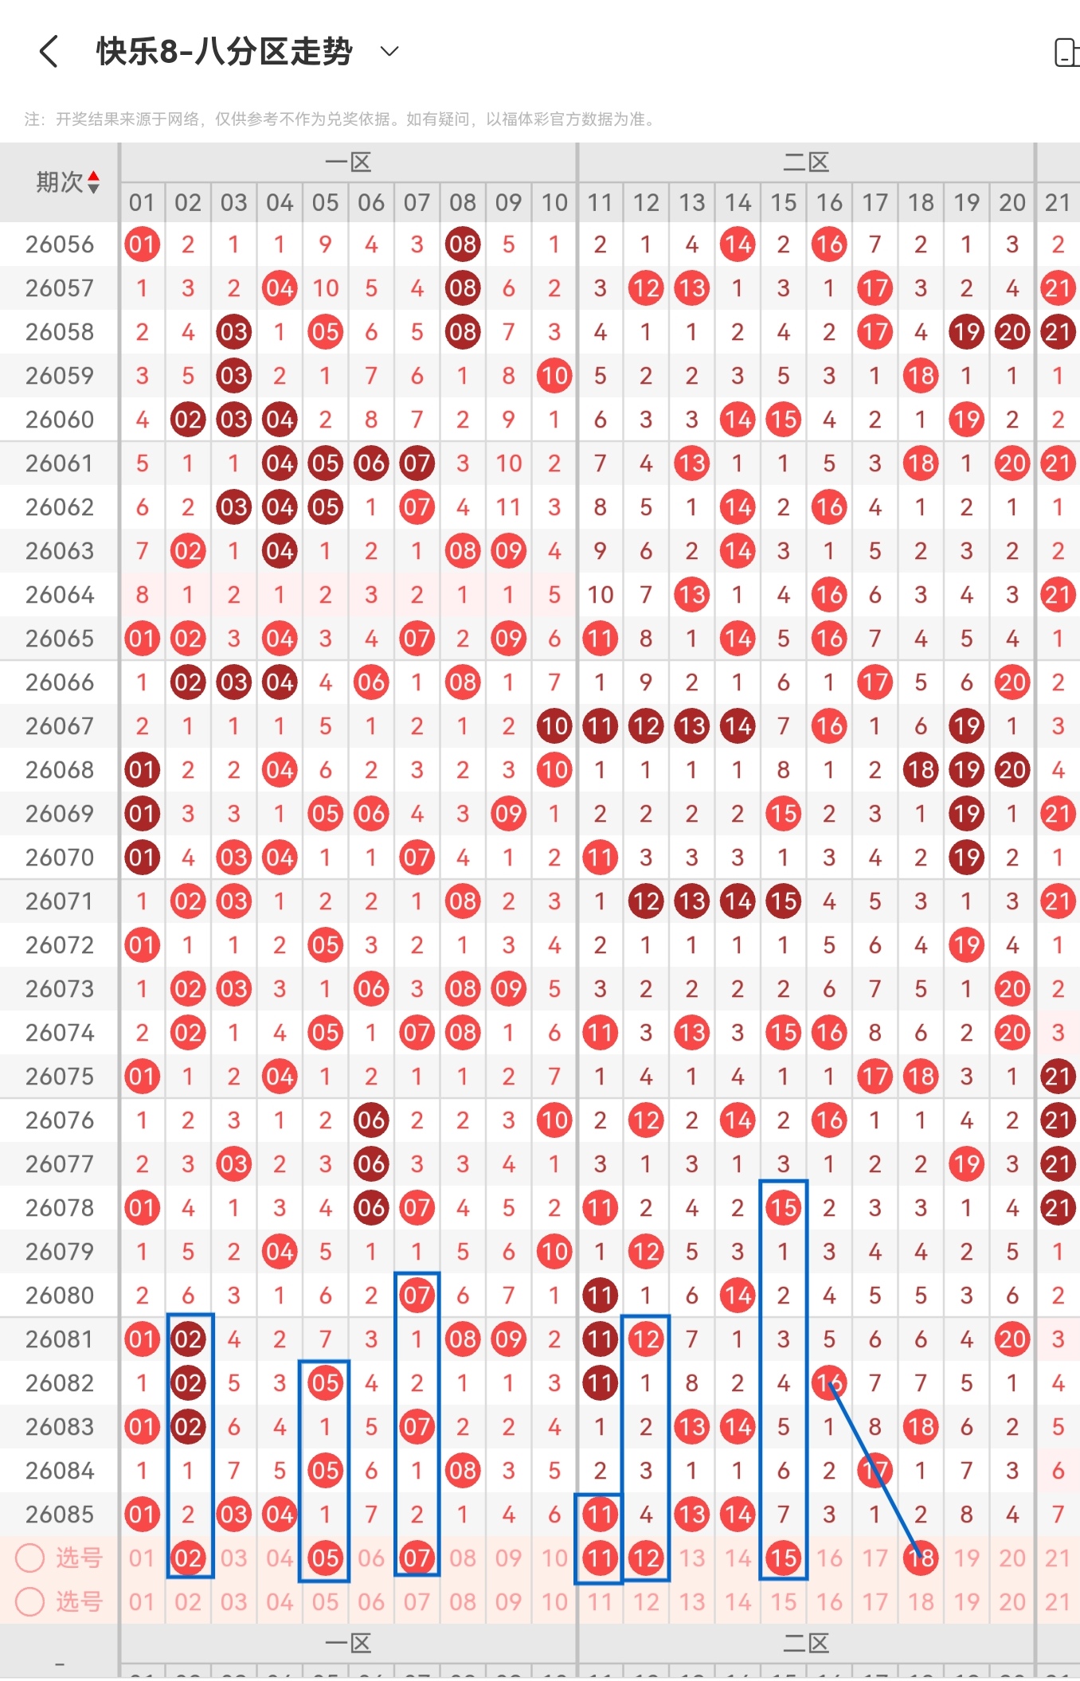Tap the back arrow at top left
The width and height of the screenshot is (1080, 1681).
49,52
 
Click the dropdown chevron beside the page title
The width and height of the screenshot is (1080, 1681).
389,52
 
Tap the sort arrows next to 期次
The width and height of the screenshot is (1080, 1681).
94,182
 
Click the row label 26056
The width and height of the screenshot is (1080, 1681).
60,244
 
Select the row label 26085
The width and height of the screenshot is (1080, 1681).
60,1515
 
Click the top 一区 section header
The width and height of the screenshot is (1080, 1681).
348,162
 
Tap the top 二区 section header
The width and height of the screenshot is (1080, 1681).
806,162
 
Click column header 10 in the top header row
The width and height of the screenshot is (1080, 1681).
554,202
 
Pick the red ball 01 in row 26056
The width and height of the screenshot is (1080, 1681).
143,244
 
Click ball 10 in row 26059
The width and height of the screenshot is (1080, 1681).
554,376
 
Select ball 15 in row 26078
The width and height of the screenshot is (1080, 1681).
784,1208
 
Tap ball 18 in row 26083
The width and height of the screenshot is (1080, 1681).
921,1427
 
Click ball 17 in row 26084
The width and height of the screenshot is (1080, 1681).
875,1471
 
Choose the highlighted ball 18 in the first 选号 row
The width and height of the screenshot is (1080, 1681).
921,1558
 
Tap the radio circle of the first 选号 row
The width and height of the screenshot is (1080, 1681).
30,1558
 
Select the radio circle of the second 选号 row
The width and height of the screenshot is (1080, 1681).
30,1601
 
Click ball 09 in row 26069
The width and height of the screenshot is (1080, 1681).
508,814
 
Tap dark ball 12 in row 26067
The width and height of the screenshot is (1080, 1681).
646,726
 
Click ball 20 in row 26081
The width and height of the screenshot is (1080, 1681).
1012,1339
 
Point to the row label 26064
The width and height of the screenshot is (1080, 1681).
60,595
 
